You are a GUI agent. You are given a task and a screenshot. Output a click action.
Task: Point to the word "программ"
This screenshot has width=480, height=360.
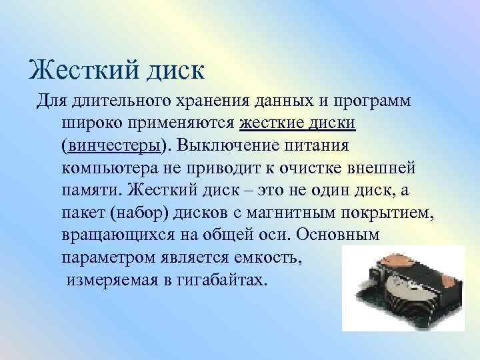coord(373,102)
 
